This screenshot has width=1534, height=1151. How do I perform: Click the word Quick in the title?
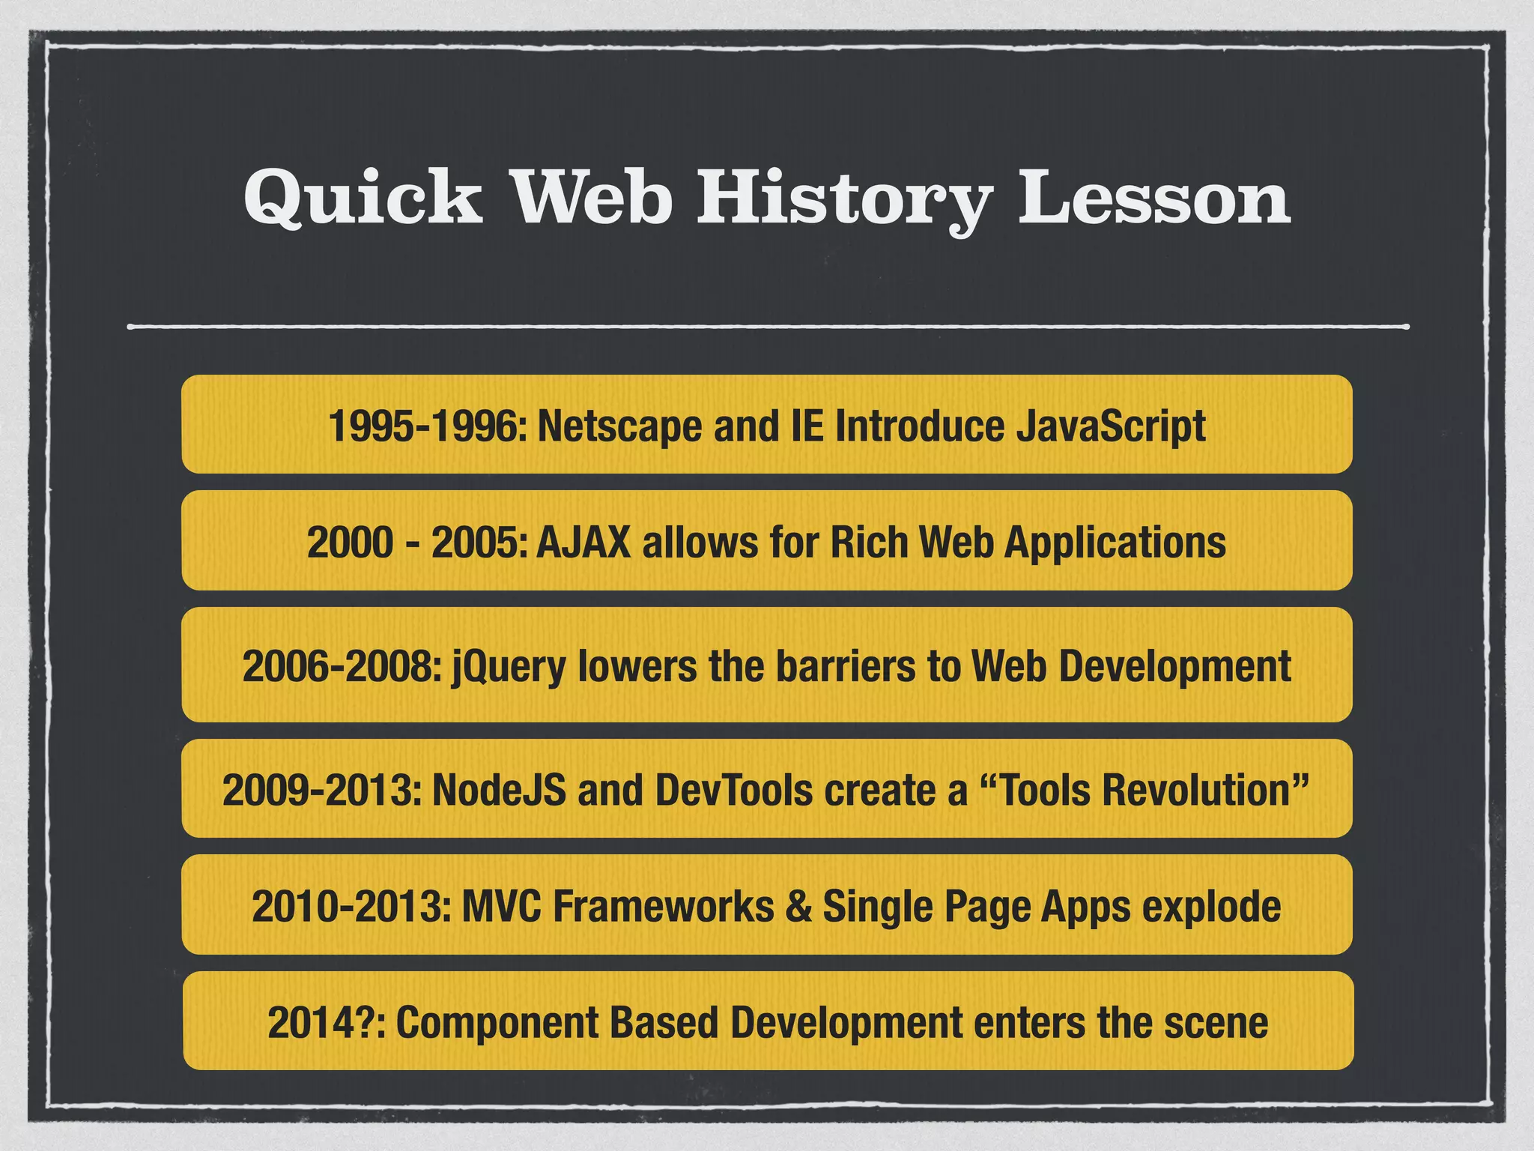coord(363,196)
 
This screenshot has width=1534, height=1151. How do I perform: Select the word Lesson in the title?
coord(1153,196)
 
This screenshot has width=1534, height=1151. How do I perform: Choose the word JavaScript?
coord(1111,426)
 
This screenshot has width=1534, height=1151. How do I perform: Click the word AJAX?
coord(583,542)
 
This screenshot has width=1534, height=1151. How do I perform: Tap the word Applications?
coord(1115,542)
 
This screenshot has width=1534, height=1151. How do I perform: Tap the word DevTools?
coord(733,790)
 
